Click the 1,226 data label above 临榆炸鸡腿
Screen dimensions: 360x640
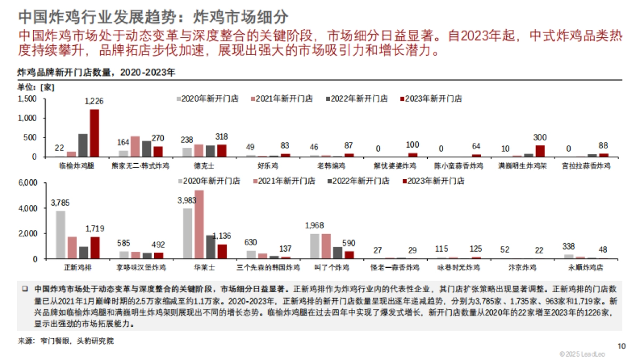click(94, 101)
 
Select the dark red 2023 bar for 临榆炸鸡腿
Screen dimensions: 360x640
click(94, 133)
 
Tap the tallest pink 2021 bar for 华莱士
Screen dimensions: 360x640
click(199, 225)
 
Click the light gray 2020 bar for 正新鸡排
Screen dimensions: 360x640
click(61, 235)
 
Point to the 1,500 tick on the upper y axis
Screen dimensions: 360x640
click(27, 99)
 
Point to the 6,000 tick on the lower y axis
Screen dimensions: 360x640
click(27, 182)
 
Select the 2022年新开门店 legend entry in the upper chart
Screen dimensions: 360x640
click(359, 99)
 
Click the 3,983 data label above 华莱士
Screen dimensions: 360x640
click(188, 200)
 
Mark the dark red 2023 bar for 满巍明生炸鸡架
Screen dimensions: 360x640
click(540, 151)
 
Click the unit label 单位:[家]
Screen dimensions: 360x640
click(36, 86)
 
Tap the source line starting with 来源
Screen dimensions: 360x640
click(66, 341)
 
